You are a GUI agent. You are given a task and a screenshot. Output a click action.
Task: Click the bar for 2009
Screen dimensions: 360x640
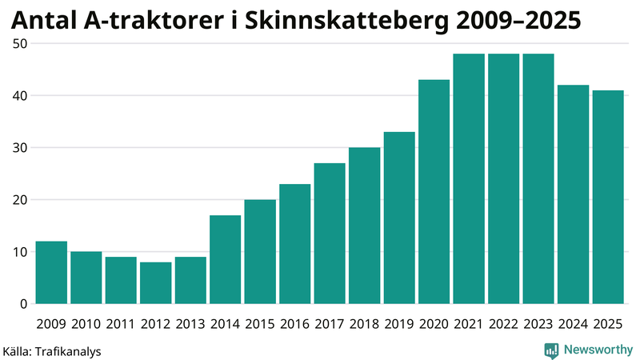coord(51,273)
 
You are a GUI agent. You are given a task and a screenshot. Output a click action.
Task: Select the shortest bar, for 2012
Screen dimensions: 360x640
coord(155,283)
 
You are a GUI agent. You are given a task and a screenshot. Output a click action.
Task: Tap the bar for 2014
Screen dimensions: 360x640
coord(225,260)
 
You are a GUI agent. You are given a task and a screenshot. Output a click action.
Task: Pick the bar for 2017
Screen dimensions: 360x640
coord(330,234)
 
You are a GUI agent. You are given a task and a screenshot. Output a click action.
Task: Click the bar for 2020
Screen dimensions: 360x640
coord(434,192)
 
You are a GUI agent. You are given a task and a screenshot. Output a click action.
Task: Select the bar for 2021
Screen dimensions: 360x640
coord(469,179)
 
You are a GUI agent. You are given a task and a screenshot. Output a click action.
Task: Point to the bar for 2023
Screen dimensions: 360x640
coord(538,179)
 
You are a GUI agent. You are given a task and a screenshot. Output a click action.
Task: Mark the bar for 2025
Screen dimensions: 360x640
coord(608,197)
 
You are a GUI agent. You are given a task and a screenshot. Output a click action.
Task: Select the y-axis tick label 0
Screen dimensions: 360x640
coord(24,304)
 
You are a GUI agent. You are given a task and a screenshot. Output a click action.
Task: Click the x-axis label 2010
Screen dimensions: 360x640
coord(86,324)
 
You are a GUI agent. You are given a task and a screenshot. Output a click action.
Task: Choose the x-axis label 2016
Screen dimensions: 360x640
coord(294,324)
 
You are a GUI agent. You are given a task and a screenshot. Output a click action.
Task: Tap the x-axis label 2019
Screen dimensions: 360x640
coord(399,324)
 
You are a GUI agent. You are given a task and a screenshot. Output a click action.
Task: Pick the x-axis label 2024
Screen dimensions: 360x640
coord(573,324)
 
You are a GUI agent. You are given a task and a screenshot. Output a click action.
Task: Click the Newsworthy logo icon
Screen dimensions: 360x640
coord(551,350)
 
